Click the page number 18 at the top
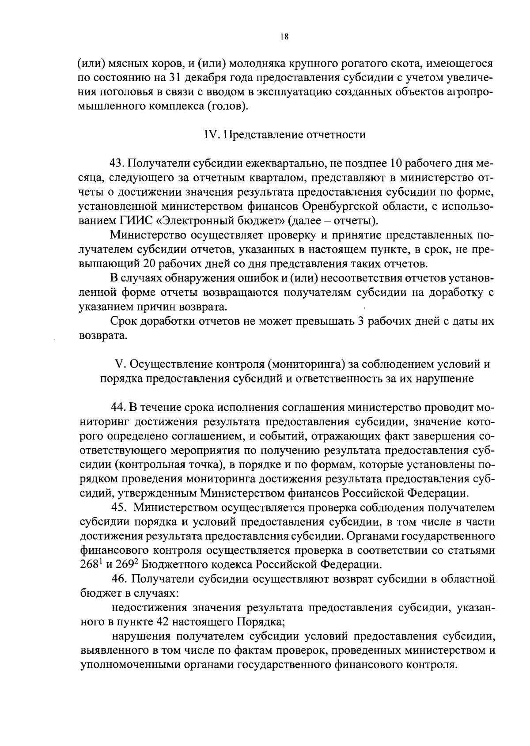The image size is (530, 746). click(x=284, y=38)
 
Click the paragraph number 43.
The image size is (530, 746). click(x=117, y=164)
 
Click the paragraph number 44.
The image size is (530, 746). click(x=117, y=407)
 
